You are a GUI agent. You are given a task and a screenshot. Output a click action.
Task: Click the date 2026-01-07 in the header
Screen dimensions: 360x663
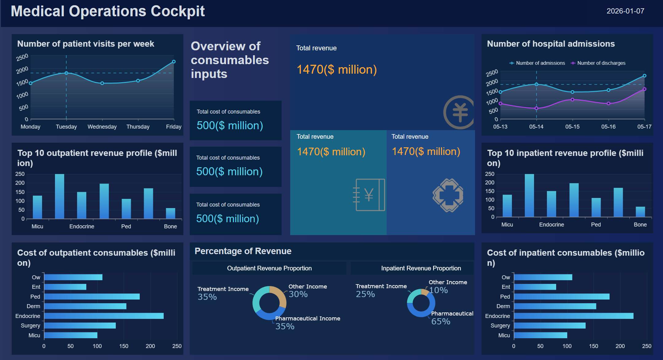click(625, 11)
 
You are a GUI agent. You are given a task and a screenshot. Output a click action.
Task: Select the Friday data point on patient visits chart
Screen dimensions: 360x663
click(174, 62)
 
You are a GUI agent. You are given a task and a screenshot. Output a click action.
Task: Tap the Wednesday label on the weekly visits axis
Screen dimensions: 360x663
click(102, 127)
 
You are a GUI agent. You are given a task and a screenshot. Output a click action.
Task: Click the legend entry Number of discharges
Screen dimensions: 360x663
click(601, 63)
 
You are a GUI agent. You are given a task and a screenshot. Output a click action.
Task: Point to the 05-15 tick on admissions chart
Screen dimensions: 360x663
click(572, 127)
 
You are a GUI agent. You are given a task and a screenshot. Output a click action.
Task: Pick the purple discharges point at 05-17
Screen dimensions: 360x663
click(645, 89)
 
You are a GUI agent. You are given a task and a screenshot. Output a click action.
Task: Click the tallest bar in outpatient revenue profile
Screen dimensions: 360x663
click(60, 196)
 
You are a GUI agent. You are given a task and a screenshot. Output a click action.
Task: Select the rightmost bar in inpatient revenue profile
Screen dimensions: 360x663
click(640, 212)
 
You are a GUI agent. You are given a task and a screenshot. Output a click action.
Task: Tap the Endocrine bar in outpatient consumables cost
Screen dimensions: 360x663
click(104, 316)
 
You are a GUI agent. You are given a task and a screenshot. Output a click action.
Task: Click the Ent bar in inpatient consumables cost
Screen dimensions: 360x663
click(535, 287)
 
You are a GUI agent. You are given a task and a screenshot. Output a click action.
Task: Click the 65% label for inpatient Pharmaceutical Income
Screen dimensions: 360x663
click(441, 321)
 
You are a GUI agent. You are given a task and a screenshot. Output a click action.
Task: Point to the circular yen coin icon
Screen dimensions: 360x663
click(459, 112)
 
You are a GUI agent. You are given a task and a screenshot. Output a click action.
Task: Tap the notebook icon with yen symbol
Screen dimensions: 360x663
click(369, 195)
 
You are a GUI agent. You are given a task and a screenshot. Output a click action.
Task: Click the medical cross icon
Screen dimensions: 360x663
click(448, 195)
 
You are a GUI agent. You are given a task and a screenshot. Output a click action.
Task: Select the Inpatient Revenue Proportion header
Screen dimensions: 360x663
click(421, 268)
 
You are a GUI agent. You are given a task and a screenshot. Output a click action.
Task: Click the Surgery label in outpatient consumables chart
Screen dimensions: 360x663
click(30, 326)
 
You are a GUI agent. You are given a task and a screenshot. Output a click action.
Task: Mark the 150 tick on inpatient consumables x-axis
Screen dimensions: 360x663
click(594, 346)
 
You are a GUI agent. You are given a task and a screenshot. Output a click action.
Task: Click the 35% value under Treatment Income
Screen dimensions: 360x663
click(207, 297)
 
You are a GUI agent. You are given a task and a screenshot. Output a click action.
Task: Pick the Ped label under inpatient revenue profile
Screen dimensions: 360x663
click(596, 225)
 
